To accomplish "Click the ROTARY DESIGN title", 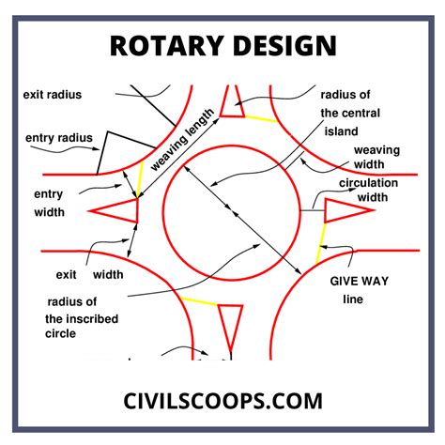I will tap(222, 47).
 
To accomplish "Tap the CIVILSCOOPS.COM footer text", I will tap(222, 401).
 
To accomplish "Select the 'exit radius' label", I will tap(54, 96).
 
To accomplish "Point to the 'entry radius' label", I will tap(59, 138).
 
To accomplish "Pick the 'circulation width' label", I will tap(368, 191).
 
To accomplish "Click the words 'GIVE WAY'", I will tap(359, 281).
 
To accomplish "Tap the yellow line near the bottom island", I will tap(200, 302).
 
